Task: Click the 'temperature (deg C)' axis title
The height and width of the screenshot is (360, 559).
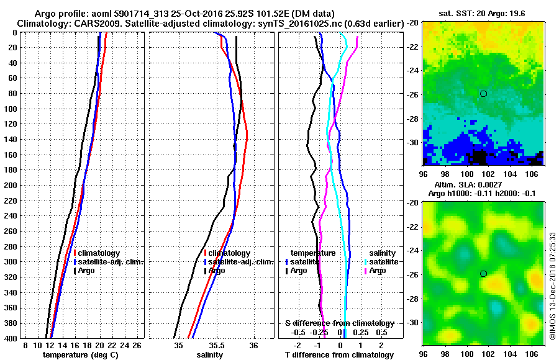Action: (80, 355)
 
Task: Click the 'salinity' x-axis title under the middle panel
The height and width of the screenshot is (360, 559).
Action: (209, 355)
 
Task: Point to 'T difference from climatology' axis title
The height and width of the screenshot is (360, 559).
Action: (339, 355)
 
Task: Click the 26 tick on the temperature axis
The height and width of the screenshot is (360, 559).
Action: (138, 344)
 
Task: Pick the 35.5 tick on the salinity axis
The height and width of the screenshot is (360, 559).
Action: (216, 344)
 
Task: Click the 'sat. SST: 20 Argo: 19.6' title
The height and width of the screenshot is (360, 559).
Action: (484, 12)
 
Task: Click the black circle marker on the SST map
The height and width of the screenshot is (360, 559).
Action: (483, 94)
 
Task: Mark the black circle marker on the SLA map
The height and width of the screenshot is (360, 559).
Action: (483, 274)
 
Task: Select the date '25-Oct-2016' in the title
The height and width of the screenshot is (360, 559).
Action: (187, 13)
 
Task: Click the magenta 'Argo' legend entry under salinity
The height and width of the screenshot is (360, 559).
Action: (378, 271)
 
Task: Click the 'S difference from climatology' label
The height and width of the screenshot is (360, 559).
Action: (339, 323)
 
